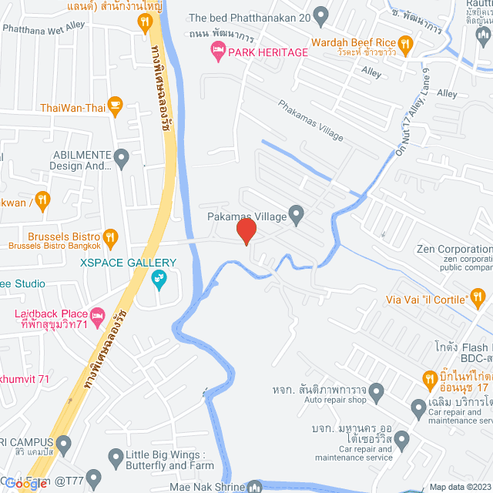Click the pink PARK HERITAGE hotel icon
coord(218,52)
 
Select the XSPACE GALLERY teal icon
coord(160,278)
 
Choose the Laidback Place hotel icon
coord(97,315)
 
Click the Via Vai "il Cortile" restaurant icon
coord(478,297)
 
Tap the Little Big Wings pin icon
coord(116,456)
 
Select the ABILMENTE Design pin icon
coord(120,158)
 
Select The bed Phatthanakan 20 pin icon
coord(321,15)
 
